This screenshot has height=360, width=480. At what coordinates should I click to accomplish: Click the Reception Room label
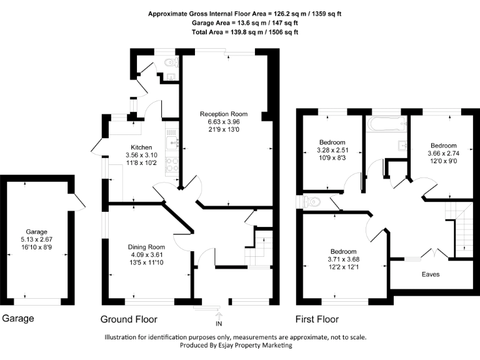tap(224, 114)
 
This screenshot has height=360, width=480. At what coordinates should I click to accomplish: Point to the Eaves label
tap(430, 274)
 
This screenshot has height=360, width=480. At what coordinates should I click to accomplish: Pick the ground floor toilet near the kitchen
tap(167, 62)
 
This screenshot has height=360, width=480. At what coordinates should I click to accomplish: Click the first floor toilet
tap(312, 201)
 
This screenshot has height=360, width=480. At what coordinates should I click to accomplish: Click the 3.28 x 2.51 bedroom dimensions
tap(332, 150)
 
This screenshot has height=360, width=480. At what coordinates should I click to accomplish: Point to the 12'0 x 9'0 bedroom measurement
tap(442, 161)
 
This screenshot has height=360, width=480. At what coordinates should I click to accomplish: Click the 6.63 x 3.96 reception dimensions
tap(224, 122)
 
